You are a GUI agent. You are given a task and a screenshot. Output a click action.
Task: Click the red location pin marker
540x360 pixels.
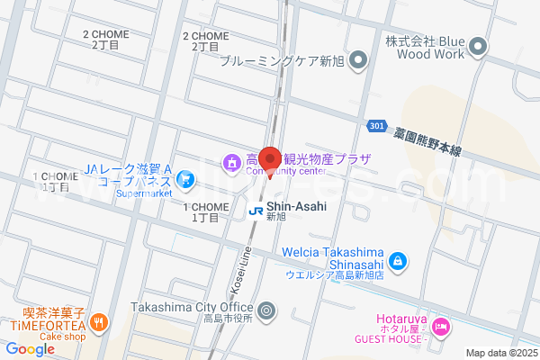[x=270, y=156]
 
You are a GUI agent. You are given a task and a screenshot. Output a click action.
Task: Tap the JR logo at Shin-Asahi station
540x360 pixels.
[x=256, y=211]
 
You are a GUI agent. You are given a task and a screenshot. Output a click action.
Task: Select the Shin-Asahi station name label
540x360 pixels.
[x=296, y=206]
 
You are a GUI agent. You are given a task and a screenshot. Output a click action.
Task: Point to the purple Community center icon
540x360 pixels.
[x=231, y=164]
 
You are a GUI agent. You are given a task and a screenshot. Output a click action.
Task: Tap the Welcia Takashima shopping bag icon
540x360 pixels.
[x=399, y=262]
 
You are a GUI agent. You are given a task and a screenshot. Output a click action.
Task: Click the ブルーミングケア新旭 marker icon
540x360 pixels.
[x=359, y=61]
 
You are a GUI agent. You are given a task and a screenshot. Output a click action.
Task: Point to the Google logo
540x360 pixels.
[x=30, y=349]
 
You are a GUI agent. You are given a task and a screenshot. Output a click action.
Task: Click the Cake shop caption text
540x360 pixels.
[x=61, y=337]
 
